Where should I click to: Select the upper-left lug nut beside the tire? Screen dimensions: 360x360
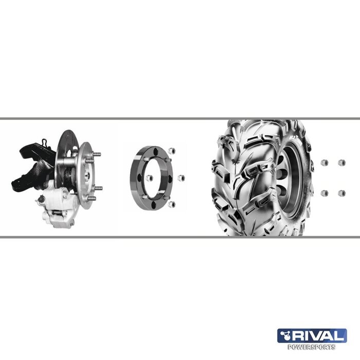324,163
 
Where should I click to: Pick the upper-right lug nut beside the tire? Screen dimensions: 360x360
341,163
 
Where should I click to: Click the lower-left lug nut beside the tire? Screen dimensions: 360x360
324,193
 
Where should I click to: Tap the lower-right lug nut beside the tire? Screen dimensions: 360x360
341,193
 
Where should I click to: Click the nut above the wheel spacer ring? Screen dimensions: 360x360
172,150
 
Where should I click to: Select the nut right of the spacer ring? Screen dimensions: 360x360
181,177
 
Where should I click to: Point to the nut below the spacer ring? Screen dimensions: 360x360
172,204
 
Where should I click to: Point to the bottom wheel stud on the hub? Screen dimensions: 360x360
93,199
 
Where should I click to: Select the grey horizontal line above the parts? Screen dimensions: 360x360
180,119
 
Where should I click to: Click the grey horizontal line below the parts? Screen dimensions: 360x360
180,237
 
